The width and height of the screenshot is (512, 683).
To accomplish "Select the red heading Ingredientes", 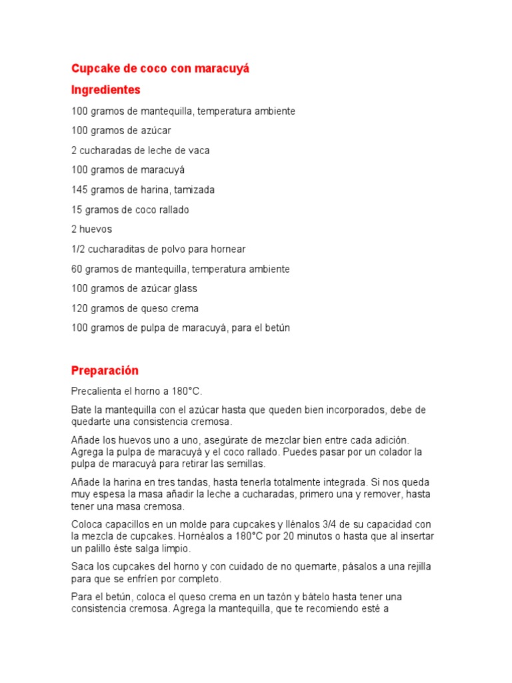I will pos(105,89).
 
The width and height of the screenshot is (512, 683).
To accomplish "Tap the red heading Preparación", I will pos(105,370).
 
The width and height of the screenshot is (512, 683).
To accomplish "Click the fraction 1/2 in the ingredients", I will pos(78,249).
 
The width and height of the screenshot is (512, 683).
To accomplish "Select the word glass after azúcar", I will pos(185,289).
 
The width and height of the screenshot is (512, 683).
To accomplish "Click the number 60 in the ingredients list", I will pos(77,269).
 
